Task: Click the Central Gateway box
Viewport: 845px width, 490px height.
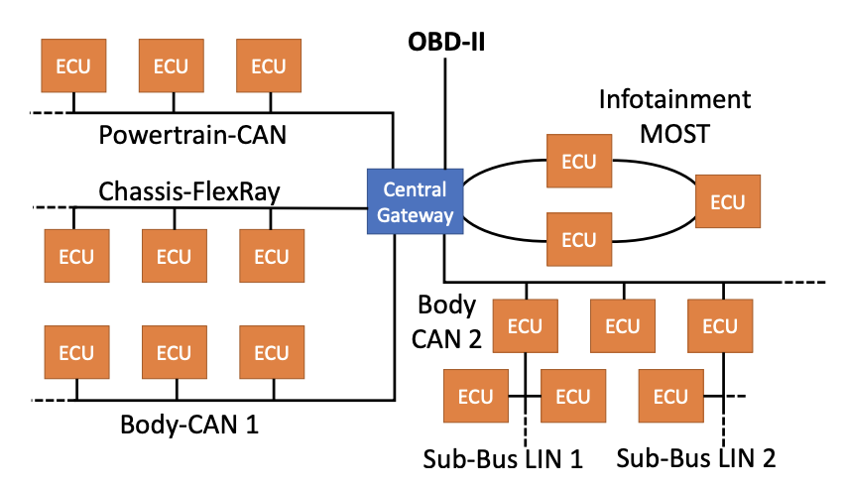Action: [414, 201]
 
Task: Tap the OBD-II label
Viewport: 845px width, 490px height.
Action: [445, 43]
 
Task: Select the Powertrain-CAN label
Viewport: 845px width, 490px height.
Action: [192, 134]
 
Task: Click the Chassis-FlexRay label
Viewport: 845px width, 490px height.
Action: [188, 190]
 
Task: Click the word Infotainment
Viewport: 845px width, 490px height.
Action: [674, 100]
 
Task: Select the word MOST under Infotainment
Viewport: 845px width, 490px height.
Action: [674, 132]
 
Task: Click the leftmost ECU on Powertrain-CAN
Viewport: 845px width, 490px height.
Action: [73, 66]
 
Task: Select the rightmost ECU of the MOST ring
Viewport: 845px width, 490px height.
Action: [727, 201]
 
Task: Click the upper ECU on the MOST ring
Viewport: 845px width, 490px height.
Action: [579, 161]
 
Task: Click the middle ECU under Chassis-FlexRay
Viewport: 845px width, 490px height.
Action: [174, 257]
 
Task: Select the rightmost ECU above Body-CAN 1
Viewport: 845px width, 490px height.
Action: [271, 352]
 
